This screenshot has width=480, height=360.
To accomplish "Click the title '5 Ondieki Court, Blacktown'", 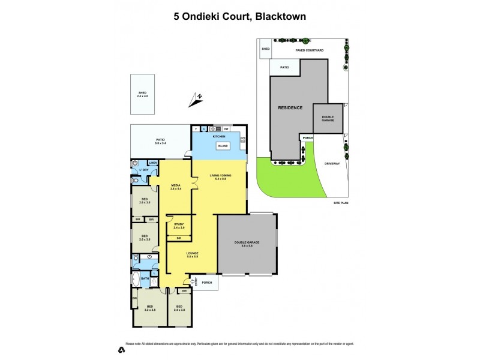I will coord(240,17).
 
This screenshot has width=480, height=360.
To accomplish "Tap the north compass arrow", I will coord(196,100).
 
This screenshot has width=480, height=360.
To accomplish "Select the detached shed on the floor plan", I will coord(142,94).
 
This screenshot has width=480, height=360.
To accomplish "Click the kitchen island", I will coord(222,146).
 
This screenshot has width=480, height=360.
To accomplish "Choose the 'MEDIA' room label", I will coord(176,187).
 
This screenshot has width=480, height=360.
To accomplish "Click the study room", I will coord(179,226).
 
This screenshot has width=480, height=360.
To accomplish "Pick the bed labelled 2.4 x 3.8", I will coord(179,308).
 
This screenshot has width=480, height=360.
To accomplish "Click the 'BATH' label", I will coord(145,278).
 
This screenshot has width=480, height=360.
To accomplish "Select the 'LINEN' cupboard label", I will coord(153,163).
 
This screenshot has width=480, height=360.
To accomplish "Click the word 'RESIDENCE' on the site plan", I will coord(290,108).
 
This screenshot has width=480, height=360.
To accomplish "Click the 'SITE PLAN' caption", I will coord(341,203).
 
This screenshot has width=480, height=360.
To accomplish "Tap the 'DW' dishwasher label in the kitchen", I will coord(226,129).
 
